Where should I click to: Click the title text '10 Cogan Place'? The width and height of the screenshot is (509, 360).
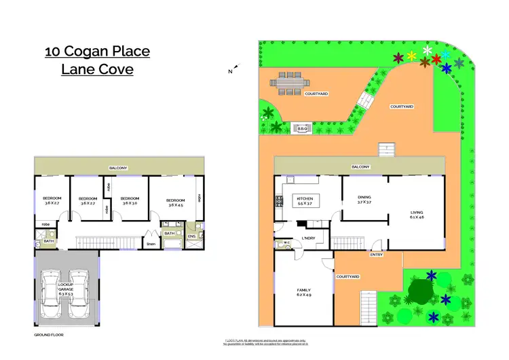(97, 51)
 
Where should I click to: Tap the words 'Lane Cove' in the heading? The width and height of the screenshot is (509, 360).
(97, 69)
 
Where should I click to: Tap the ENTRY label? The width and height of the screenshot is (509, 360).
(376, 255)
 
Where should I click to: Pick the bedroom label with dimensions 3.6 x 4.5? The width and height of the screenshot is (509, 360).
(176, 202)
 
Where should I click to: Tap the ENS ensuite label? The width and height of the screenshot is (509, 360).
(191, 236)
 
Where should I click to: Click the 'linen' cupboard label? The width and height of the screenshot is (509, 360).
(151, 244)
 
